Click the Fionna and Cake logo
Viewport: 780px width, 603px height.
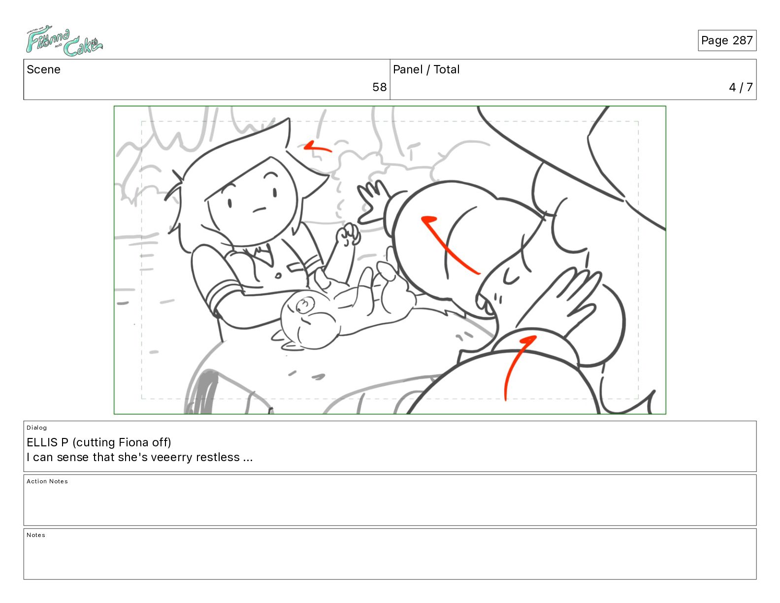click(x=64, y=41)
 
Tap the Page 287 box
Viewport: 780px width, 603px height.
click(x=726, y=40)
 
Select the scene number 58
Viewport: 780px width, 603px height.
click(x=379, y=87)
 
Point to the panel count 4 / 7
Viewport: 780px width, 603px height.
click(x=740, y=87)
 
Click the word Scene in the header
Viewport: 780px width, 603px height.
click(x=43, y=69)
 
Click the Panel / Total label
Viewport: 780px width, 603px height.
click(x=426, y=69)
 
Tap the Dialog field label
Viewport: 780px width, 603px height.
click(x=36, y=428)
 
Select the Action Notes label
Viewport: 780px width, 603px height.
click(x=47, y=481)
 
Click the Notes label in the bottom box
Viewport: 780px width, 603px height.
click(x=36, y=535)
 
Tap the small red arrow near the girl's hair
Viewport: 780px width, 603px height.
click(x=317, y=147)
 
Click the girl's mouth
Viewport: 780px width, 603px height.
click(x=259, y=210)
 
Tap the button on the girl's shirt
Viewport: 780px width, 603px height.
click(x=278, y=276)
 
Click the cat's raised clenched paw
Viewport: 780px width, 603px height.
click(x=348, y=234)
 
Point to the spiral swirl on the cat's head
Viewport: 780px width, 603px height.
click(x=304, y=305)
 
